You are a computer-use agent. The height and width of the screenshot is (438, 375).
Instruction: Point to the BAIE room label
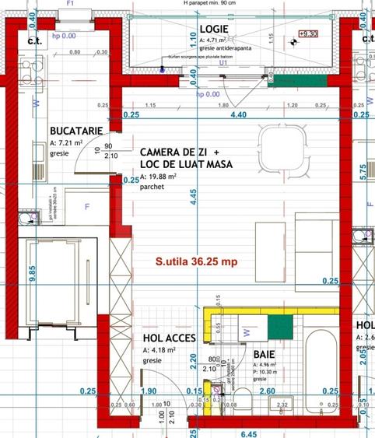(265, 352)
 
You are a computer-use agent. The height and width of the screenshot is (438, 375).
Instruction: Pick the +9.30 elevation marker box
(309, 34)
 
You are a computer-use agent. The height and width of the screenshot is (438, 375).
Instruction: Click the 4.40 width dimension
(237, 115)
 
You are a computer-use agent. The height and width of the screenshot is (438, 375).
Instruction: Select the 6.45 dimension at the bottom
(250, 433)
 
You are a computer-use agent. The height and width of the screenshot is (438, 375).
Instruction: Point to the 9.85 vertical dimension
(32, 274)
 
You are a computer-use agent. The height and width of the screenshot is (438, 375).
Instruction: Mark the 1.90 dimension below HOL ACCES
(150, 391)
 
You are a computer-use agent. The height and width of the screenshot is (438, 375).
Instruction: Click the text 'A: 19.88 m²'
(159, 177)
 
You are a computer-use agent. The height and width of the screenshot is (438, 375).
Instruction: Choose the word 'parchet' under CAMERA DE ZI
(152, 187)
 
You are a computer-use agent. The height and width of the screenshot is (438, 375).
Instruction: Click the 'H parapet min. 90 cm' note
(220, 4)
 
